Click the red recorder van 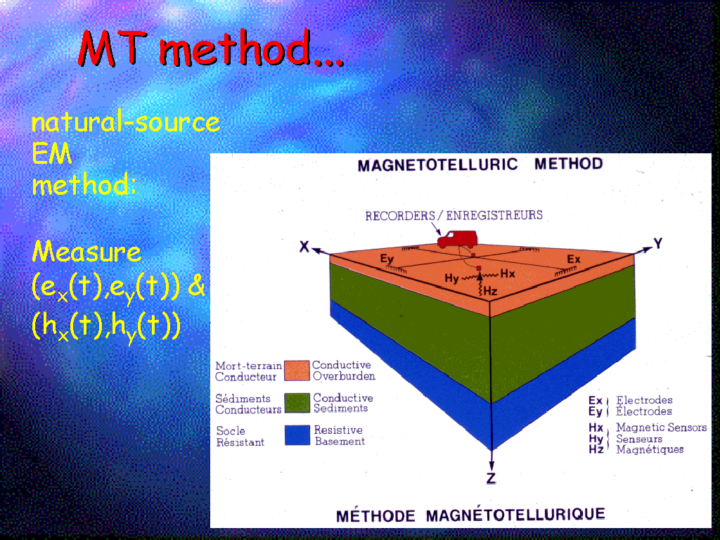click(x=457, y=239)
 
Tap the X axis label click(x=304, y=247)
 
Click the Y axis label click(x=658, y=243)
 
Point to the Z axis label click(x=491, y=478)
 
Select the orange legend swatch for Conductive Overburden click(x=297, y=371)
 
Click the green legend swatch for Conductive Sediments click(x=297, y=403)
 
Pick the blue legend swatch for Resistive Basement click(x=297, y=435)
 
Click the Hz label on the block click(x=490, y=290)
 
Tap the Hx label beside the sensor click(x=508, y=274)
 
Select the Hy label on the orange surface click(x=451, y=278)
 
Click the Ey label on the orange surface click(x=387, y=259)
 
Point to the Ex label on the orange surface click(x=574, y=259)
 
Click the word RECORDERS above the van click(x=400, y=216)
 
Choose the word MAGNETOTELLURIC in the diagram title click(x=437, y=165)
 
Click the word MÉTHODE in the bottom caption click(x=375, y=515)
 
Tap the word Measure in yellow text click(x=86, y=252)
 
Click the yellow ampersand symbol click(x=197, y=286)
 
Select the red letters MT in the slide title click(x=114, y=48)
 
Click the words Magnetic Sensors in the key click(x=661, y=427)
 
